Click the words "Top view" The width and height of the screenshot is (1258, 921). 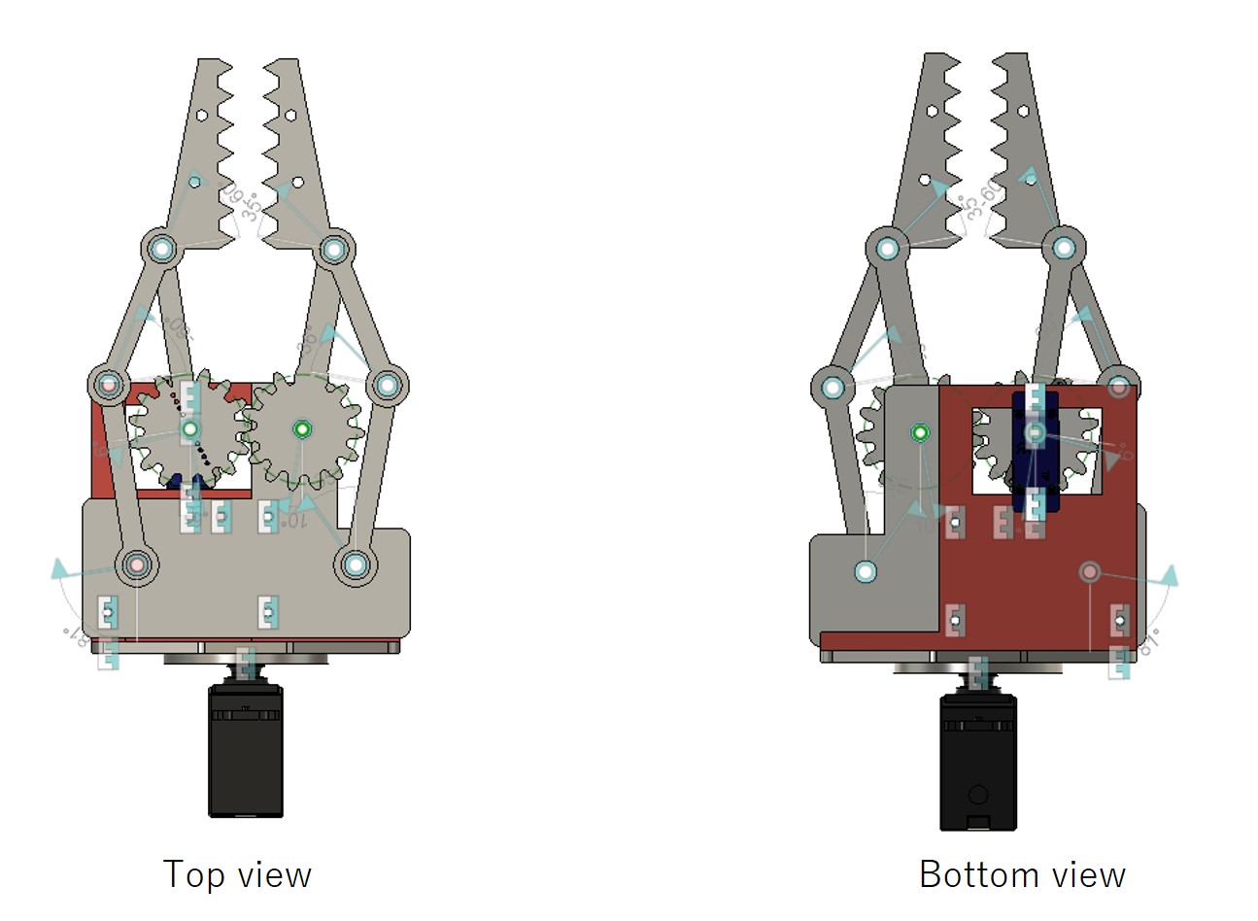(237, 874)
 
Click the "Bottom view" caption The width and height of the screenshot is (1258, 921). (1022, 874)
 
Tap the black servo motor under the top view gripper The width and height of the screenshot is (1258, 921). (246, 750)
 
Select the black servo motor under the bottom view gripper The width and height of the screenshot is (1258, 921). (977, 762)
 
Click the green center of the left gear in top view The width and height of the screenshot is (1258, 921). (190, 428)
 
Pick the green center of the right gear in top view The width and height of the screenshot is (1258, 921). (301, 428)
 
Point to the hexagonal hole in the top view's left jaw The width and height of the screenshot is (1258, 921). (200, 114)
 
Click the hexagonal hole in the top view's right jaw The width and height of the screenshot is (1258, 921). (289, 114)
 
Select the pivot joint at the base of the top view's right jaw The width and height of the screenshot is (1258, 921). (334, 249)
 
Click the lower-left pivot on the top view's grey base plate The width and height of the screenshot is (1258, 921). (136, 563)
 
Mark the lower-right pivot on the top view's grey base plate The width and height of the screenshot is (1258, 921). (356, 563)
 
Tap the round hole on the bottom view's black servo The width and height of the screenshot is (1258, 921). (977, 795)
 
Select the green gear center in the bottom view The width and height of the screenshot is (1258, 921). (920, 432)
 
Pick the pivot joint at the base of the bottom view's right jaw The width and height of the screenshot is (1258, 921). (1064, 247)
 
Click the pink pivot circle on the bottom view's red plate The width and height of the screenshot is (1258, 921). (1089, 571)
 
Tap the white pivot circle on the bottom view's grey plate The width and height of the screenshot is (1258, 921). (866, 571)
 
